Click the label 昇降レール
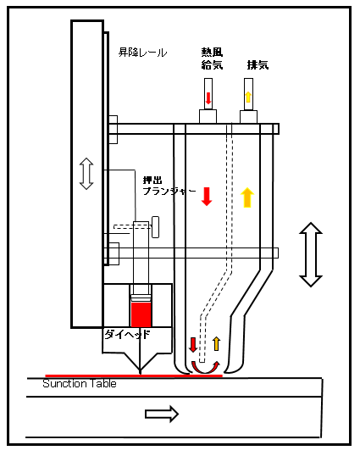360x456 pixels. [x=142, y=53]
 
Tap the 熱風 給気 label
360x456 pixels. [x=212, y=58]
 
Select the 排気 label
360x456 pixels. [x=258, y=64]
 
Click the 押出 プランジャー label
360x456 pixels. [x=169, y=186]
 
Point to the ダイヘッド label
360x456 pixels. [x=127, y=335]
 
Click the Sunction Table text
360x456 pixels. [x=80, y=384]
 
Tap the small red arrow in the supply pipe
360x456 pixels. [x=208, y=98]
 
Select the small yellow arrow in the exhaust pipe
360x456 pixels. [x=248, y=97]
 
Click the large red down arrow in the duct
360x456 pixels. [x=207, y=197]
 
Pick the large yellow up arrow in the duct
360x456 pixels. [x=247, y=197]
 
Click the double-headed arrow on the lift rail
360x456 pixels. [x=86, y=174]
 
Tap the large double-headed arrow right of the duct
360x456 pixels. [x=311, y=254]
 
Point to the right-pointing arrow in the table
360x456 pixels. [x=162, y=414]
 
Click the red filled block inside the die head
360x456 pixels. [x=141, y=314]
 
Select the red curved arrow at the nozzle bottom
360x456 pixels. [x=205, y=368]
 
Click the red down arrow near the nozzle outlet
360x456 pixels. [x=193, y=345]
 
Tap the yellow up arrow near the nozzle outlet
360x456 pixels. [x=216, y=343]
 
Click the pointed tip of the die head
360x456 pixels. [x=141, y=373]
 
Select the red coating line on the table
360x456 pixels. [x=134, y=375]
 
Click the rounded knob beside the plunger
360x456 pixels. [x=156, y=227]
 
